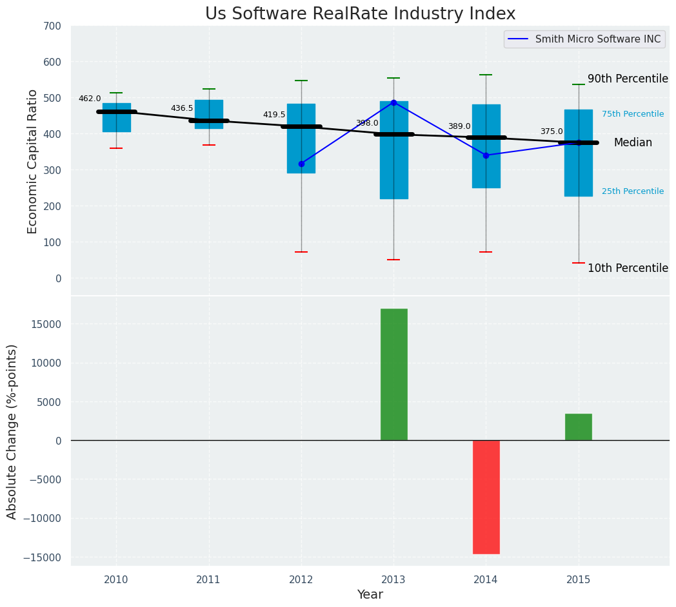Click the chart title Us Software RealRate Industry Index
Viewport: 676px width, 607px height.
[360, 14]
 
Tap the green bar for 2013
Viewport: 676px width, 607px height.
[393, 374]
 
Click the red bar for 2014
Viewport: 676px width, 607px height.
[486, 497]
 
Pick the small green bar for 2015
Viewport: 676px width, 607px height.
[578, 427]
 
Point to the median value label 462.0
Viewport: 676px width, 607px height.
[90, 99]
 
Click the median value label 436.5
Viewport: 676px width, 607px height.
[182, 108]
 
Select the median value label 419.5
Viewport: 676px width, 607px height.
[274, 115]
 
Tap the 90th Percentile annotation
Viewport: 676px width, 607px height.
[627, 79]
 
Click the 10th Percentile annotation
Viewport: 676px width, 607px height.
[627, 268]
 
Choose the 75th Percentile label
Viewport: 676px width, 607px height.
[632, 114]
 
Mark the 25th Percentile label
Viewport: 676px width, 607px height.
[632, 191]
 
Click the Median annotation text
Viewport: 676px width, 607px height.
[632, 142]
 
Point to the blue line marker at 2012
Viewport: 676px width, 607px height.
[301, 164]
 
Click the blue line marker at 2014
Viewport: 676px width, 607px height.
[486, 155]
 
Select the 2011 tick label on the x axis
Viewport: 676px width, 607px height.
[208, 580]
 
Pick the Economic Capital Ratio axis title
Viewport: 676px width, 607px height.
[33, 161]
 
